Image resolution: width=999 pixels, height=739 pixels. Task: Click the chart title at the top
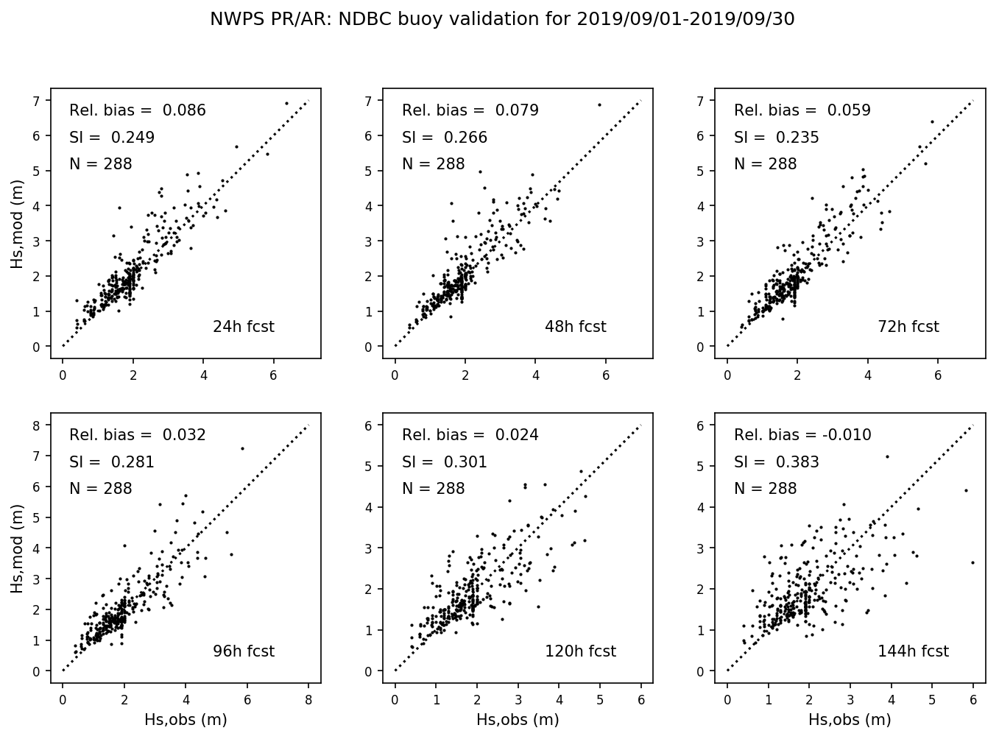coord(502,19)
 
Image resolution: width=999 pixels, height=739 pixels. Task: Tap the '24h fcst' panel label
coord(243,327)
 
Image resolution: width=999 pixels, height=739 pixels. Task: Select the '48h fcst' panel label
coord(575,327)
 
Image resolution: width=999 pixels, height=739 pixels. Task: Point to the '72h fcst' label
coord(908,327)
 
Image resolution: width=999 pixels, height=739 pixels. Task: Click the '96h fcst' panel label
coord(243,651)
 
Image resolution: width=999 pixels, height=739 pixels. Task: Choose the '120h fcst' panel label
coord(580,651)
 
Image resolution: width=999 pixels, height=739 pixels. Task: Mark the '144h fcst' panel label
coord(913,651)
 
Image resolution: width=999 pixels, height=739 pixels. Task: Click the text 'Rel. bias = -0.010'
coord(802,435)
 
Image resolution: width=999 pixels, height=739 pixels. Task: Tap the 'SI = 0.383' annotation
coord(776,462)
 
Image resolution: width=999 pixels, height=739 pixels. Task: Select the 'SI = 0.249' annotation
coord(112,138)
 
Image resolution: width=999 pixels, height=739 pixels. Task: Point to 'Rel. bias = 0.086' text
coord(138,110)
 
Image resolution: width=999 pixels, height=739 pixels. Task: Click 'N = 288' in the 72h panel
coord(765,164)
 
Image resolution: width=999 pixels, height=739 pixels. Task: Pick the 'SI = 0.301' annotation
coord(444,462)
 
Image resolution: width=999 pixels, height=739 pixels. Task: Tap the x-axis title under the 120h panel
coord(518,719)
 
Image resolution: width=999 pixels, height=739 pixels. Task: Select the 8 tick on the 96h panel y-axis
coord(37,425)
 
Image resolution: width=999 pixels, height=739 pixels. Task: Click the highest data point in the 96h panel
coord(242,448)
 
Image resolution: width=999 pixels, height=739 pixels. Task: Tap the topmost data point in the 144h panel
coord(887,456)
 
